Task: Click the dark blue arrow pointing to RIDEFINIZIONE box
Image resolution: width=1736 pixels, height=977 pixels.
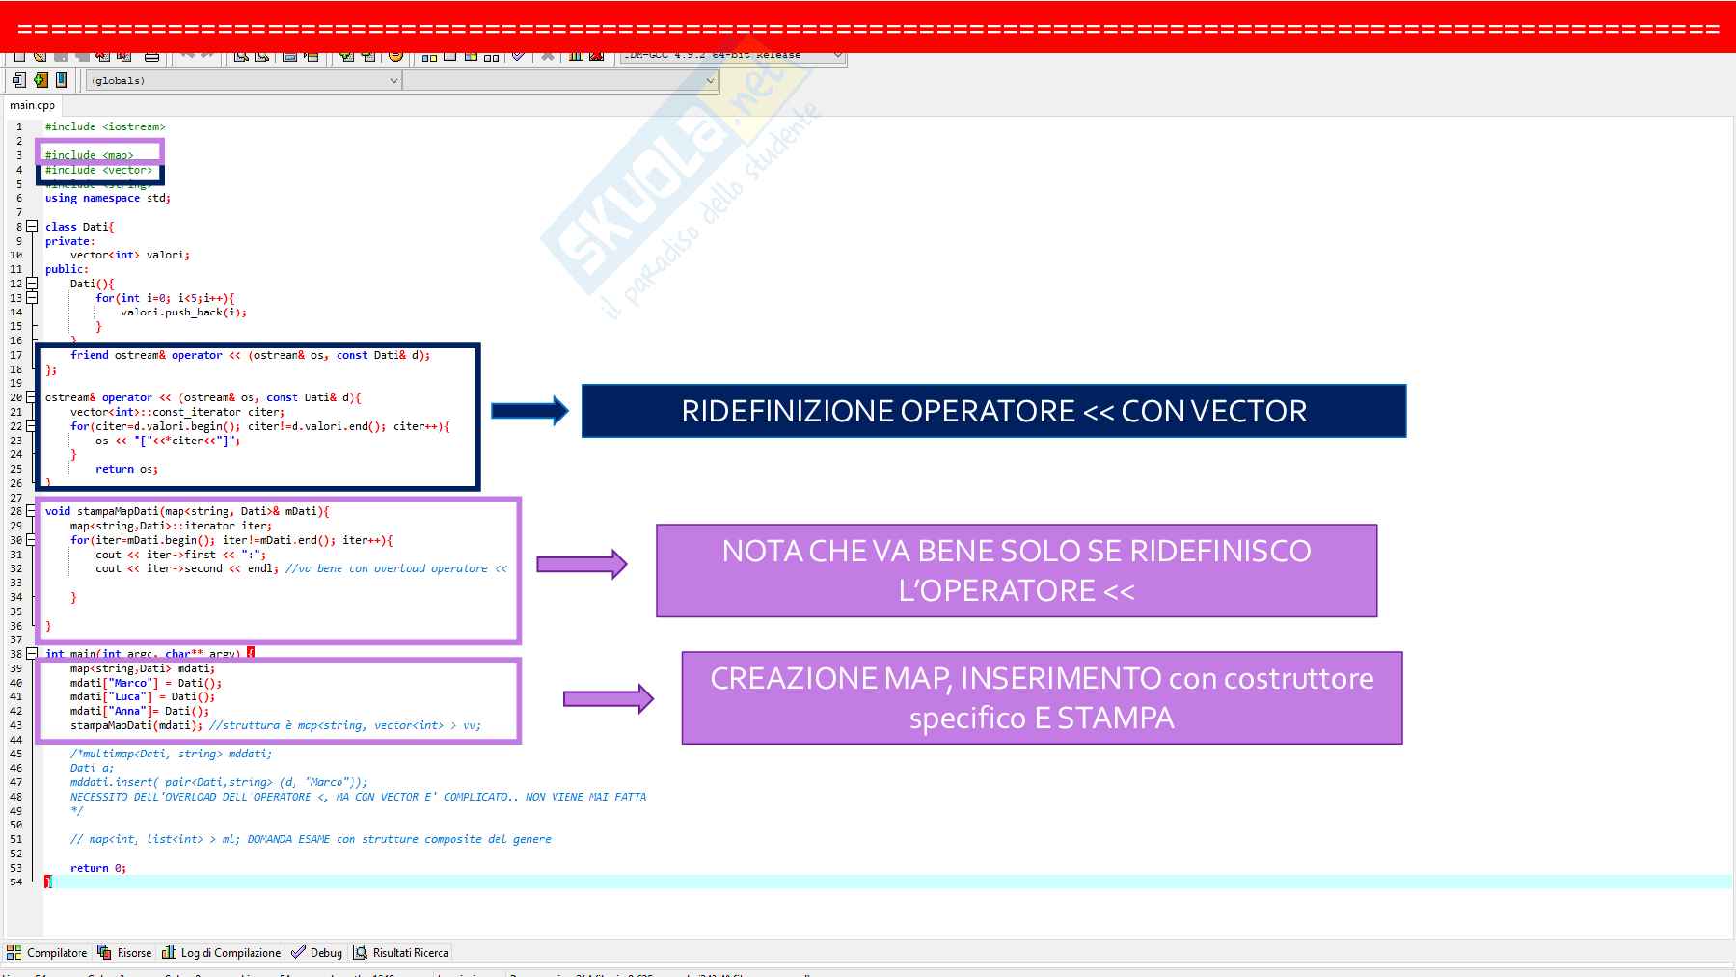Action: (529, 411)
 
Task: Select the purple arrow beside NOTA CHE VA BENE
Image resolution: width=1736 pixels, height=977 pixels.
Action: (582, 564)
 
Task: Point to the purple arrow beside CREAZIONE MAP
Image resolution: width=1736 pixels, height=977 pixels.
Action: (608, 698)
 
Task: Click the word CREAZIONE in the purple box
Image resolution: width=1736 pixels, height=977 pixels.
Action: (794, 679)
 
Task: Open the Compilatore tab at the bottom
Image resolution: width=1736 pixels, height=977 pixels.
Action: (47, 953)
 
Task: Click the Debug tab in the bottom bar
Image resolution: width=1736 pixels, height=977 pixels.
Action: (317, 953)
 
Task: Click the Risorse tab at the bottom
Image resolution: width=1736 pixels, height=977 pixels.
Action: (125, 953)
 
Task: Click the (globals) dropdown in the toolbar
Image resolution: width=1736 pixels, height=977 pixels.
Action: (241, 81)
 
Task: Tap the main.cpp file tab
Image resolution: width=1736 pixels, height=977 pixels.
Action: (33, 105)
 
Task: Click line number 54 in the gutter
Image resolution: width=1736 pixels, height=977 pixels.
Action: (16, 882)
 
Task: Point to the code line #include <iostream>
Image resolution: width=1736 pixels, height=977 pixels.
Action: (105, 126)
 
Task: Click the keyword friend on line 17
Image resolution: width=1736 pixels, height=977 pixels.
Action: (90, 355)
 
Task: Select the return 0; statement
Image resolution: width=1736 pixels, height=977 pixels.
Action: (97, 868)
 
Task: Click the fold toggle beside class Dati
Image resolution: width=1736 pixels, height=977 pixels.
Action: (32, 227)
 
